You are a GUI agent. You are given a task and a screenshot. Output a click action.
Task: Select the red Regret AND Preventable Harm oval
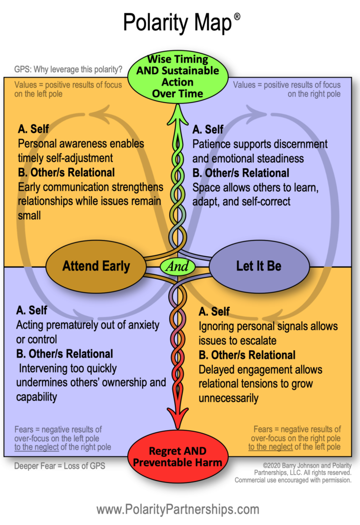click(x=178, y=457)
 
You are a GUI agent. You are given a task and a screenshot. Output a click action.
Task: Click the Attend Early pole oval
click(x=96, y=266)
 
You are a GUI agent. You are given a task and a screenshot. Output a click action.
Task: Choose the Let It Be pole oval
click(x=259, y=266)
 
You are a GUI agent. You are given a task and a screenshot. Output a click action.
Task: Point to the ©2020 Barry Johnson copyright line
click(x=303, y=466)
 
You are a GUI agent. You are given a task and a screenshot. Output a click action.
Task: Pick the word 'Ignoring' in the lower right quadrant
click(x=216, y=327)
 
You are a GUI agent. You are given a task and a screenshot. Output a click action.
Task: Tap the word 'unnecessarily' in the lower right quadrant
click(x=229, y=398)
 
